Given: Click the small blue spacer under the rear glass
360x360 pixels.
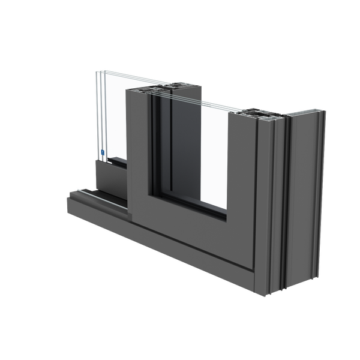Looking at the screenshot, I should [x=103, y=153].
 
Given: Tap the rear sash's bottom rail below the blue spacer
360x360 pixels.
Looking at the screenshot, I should [x=108, y=174].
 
